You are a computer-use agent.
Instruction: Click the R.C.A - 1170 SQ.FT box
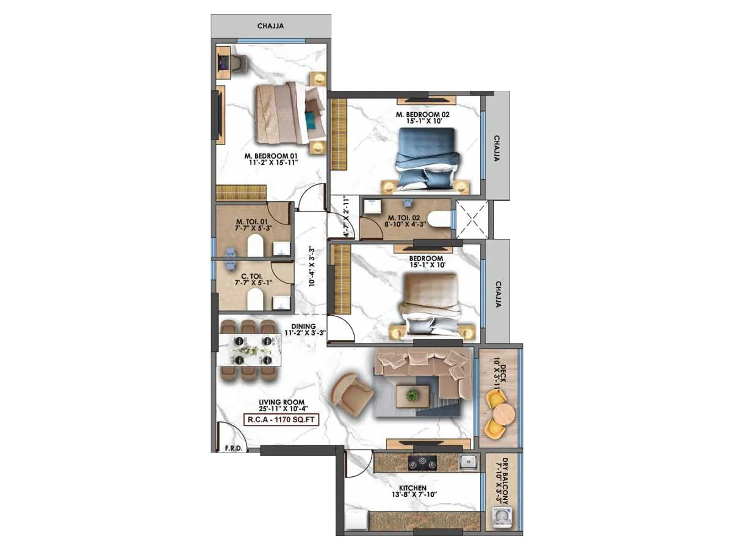(x=281, y=419)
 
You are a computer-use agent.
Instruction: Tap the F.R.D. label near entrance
(x=234, y=448)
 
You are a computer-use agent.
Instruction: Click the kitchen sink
(x=468, y=462)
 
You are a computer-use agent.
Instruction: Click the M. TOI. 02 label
(x=403, y=218)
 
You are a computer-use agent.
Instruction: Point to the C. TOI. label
(x=252, y=276)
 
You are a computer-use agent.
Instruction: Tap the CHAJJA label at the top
(x=270, y=26)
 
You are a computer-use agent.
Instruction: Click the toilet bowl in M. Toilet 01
(x=255, y=246)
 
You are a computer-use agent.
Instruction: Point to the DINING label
(x=303, y=326)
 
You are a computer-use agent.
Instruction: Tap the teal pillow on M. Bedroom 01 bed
(x=312, y=121)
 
